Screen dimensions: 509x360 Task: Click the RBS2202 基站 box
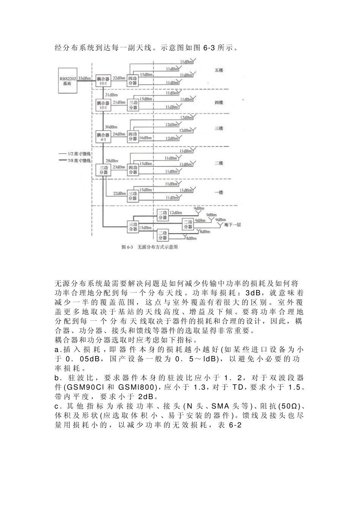67,81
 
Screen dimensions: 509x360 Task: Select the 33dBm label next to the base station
85,78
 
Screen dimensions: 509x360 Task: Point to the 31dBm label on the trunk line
111,94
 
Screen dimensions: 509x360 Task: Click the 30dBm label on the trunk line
111,127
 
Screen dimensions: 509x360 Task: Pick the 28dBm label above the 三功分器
111,161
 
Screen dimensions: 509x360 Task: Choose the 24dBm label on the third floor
119,134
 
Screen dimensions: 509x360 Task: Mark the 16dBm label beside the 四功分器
144,138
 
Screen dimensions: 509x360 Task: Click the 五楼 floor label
219,70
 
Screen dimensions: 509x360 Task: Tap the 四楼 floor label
219,103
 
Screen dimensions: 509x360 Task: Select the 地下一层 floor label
232,225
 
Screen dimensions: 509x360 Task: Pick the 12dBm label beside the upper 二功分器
175,213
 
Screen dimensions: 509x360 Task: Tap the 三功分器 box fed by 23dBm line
103,169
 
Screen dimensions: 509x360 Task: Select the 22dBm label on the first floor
119,194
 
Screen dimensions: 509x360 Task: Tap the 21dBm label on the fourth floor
119,102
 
